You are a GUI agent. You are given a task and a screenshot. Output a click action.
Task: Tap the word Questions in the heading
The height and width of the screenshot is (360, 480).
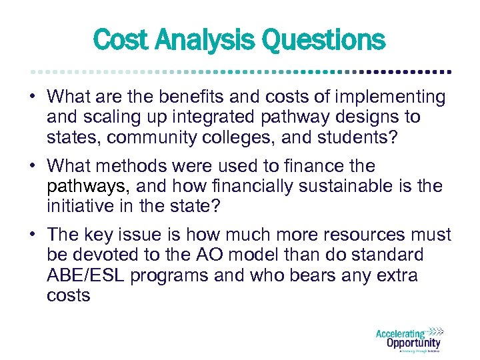[323, 40]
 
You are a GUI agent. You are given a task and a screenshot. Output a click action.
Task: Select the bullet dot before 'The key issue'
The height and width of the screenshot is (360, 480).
[33, 235]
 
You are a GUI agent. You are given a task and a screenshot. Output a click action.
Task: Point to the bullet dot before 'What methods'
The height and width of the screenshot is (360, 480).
[33, 166]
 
